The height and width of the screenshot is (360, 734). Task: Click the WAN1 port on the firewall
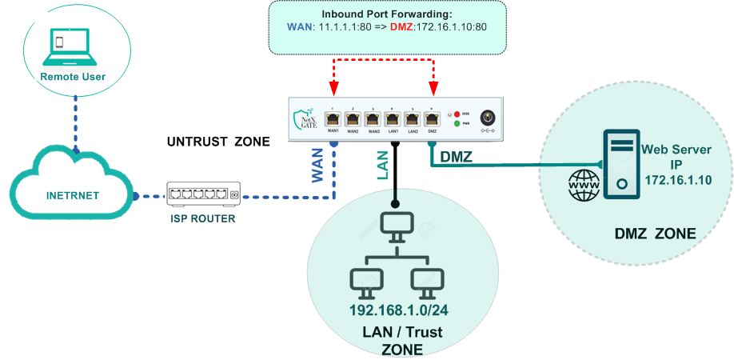click(x=334, y=118)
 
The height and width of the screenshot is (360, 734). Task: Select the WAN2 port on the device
click(x=353, y=118)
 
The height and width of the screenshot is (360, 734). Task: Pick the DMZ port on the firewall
click(x=433, y=118)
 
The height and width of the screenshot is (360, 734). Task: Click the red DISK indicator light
click(x=457, y=114)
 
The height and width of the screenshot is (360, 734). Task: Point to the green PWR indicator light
click(x=457, y=124)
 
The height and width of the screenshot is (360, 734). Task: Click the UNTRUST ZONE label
click(x=218, y=142)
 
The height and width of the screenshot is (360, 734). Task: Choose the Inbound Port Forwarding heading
click(x=387, y=14)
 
